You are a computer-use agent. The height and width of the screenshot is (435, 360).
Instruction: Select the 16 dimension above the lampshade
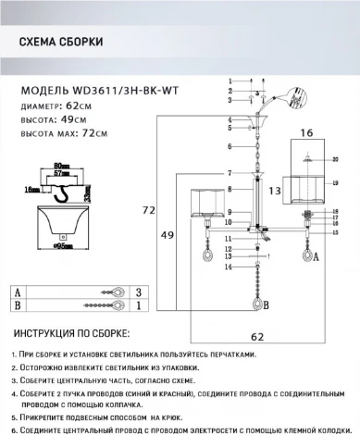pos(304,135)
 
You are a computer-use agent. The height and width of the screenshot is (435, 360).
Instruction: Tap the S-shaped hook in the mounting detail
pos(64,193)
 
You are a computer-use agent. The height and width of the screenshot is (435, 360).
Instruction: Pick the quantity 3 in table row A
pos(138,291)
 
